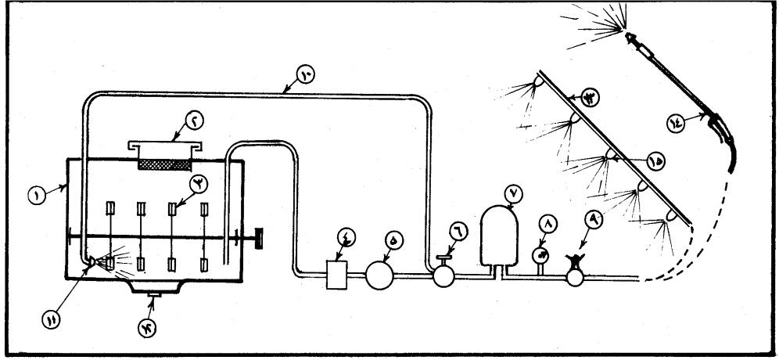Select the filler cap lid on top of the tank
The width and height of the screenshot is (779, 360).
click(x=164, y=146)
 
